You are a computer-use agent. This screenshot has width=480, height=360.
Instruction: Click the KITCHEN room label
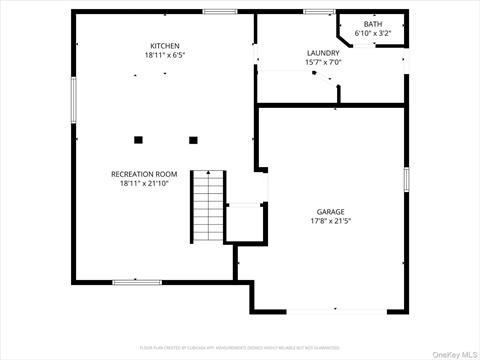(x=164, y=46)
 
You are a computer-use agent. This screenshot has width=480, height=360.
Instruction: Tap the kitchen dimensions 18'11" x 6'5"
(x=164, y=55)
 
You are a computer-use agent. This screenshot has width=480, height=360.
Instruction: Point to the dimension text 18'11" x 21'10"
(x=144, y=183)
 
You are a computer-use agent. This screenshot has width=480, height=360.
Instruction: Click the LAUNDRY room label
(x=323, y=53)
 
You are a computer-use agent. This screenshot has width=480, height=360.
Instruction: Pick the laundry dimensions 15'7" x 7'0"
(x=323, y=62)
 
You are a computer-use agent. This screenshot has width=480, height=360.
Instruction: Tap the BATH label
(x=372, y=24)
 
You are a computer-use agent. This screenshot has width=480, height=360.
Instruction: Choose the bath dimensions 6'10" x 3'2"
(x=372, y=33)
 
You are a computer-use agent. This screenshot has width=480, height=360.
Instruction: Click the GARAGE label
(x=331, y=211)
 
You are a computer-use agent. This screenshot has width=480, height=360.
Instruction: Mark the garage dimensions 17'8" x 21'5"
(x=331, y=220)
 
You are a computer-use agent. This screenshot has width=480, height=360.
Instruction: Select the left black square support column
(x=139, y=139)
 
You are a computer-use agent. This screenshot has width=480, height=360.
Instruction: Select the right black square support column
(x=194, y=139)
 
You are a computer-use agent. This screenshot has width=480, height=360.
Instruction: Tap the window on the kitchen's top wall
(x=219, y=12)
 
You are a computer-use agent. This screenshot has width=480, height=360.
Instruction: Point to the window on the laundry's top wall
(x=318, y=12)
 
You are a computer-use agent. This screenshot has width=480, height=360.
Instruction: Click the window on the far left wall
(x=72, y=101)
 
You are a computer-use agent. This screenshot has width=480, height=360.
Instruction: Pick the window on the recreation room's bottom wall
(x=137, y=282)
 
